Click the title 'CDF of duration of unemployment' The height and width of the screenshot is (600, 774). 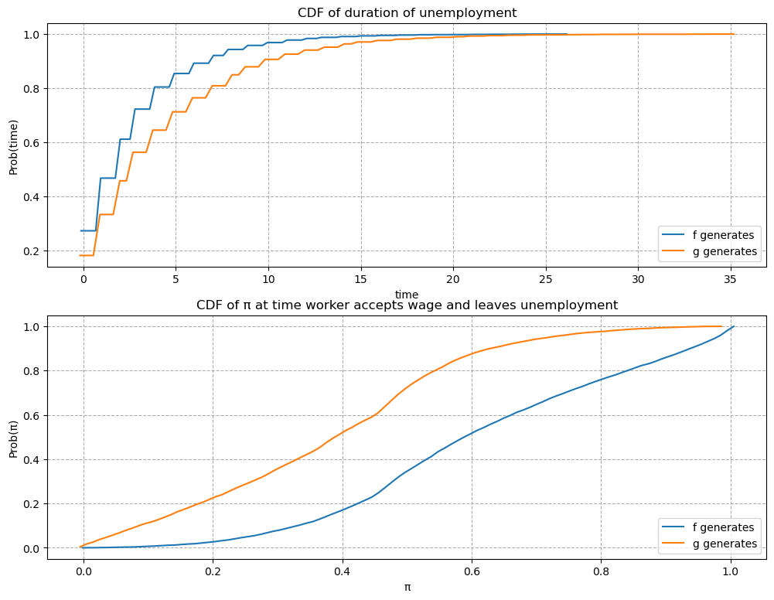coord(407,12)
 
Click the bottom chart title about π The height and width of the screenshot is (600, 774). coord(407,305)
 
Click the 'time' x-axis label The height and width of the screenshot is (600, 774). coord(407,294)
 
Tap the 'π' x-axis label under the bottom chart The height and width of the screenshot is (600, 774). coord(407,587)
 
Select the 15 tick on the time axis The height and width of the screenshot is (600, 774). coord(361,278)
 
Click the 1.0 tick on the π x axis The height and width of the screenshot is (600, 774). coord(730,572)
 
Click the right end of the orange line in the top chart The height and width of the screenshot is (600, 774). coord(734,34)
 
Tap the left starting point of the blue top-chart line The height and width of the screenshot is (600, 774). coord(80,230)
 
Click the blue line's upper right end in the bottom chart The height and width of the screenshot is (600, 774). coord(734,326)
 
